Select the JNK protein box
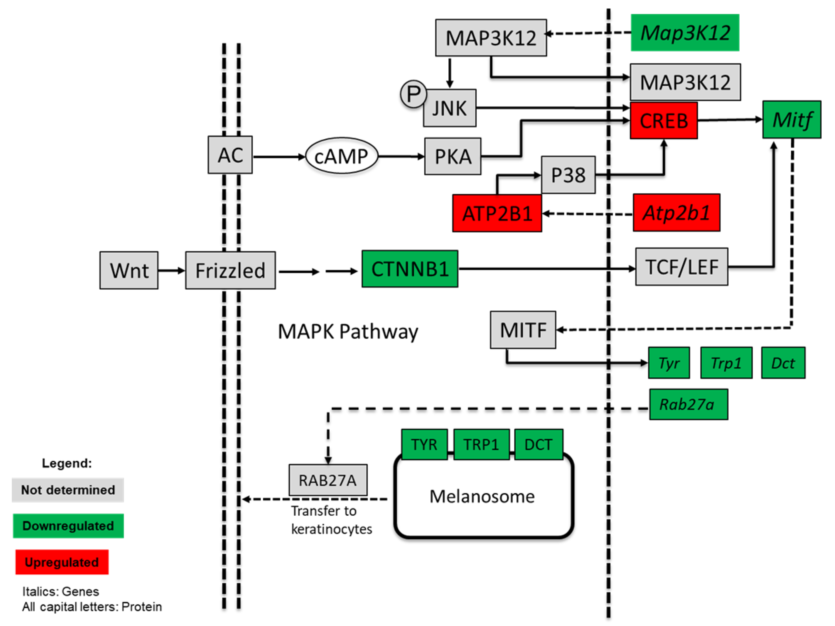point(450,108)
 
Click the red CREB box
point(664,121)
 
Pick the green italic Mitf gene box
point(792,120)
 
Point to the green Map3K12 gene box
point(685,33)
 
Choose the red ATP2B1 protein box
point(497,214)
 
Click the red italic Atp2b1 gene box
point(676,213)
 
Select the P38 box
point(568,175)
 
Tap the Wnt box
point(129,271)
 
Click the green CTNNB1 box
point(410,269)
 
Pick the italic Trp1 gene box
point(726,363)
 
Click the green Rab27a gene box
point(688,405)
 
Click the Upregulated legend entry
point(62,562)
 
